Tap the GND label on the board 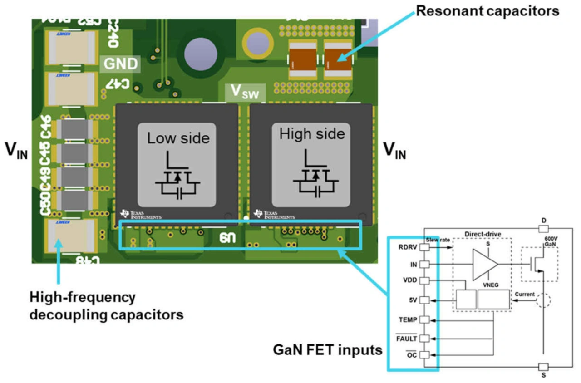click(x=120, y=64)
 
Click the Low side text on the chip click(x=178, y=138)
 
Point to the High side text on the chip click(x=312, y=134)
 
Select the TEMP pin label click(x=408, y=319)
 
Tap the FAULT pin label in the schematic click(x=407, y=338)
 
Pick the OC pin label click(x=412, y=355)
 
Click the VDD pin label click(x=410, y=280)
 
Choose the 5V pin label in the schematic click(x=413, y=300)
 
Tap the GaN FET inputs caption click(x=327, y=350)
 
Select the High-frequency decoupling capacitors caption click(x=106, y=306)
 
